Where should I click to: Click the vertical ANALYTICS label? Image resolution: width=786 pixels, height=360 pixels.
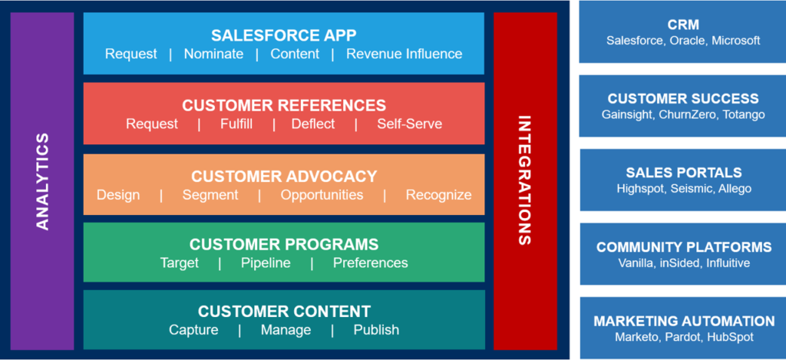[x=43, y=181]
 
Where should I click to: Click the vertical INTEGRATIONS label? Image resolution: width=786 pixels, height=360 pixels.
[x=524, y=180]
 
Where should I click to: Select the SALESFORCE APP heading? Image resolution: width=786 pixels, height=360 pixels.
[x=284, y=35]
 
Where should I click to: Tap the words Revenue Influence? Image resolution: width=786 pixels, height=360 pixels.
[x=404, y=54]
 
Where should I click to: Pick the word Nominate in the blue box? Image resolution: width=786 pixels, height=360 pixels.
[x=213, y=54]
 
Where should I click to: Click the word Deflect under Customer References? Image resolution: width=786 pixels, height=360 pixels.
[x=313, y=124]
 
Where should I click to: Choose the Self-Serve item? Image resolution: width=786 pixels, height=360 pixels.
[x=409, y=124]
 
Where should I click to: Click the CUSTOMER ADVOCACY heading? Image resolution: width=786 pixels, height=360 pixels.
[x=284, y=177]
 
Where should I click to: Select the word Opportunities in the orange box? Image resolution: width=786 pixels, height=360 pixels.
[x=322, y=195]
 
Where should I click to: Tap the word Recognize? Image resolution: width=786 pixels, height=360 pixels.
[x=438, y=195]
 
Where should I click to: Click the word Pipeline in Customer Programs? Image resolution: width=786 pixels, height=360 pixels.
[x=266, y=263]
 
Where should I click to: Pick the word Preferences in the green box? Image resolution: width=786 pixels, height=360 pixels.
[x=370, y=263]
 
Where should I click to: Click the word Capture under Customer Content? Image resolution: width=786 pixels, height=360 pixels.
[x=193, y=330]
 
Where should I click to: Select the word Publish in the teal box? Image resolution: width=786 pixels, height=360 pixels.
[x=376, y=330]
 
